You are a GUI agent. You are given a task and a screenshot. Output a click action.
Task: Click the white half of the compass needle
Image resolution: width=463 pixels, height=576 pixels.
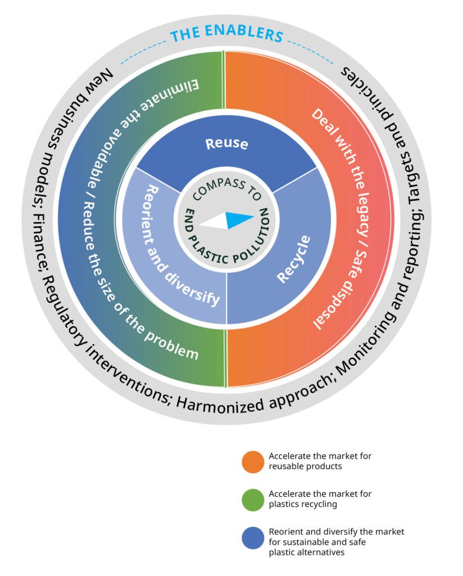click(x=214, y=222)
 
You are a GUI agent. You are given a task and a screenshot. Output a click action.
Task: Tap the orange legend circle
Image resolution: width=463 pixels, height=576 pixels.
click(x=253, y=461)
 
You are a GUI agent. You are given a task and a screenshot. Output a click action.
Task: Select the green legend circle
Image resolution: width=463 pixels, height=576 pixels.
click(x=253, y=499)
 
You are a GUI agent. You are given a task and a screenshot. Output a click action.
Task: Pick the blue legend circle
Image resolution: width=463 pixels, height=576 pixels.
click(x=253, y=538)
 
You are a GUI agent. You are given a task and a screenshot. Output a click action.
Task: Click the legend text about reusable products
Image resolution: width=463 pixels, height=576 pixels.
click(x=320, y=461)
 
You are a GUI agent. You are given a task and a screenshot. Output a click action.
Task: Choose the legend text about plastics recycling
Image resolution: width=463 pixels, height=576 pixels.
click(x=320, y=499)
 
